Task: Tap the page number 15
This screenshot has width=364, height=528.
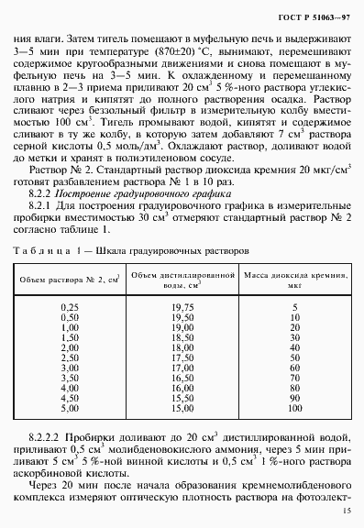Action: coord(346,511)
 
